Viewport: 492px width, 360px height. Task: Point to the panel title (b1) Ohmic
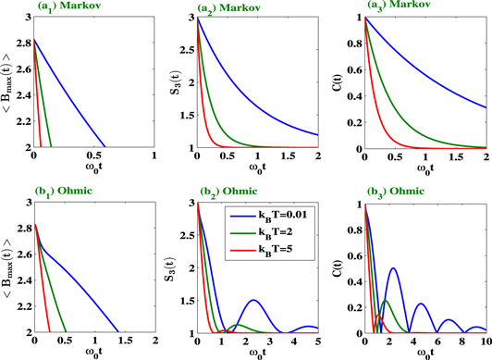pos(67,193)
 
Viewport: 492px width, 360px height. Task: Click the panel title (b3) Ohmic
pos(393,193)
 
